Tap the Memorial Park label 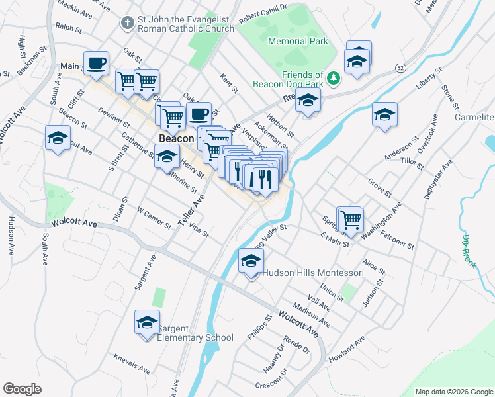tap(298, 41)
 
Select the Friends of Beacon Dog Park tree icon tap(334, 79)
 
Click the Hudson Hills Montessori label tap(313, 273)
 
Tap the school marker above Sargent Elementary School tap(147, 322)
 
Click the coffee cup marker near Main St tap(95, 63)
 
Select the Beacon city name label tap(176, 139)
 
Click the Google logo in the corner tap(22, 389)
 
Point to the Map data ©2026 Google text tap(453, 392)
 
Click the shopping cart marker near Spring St tap(351, 218)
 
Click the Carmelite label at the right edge tap(474, 117)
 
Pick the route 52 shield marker tap(400, 68)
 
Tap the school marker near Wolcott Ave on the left tap(58, 138)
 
